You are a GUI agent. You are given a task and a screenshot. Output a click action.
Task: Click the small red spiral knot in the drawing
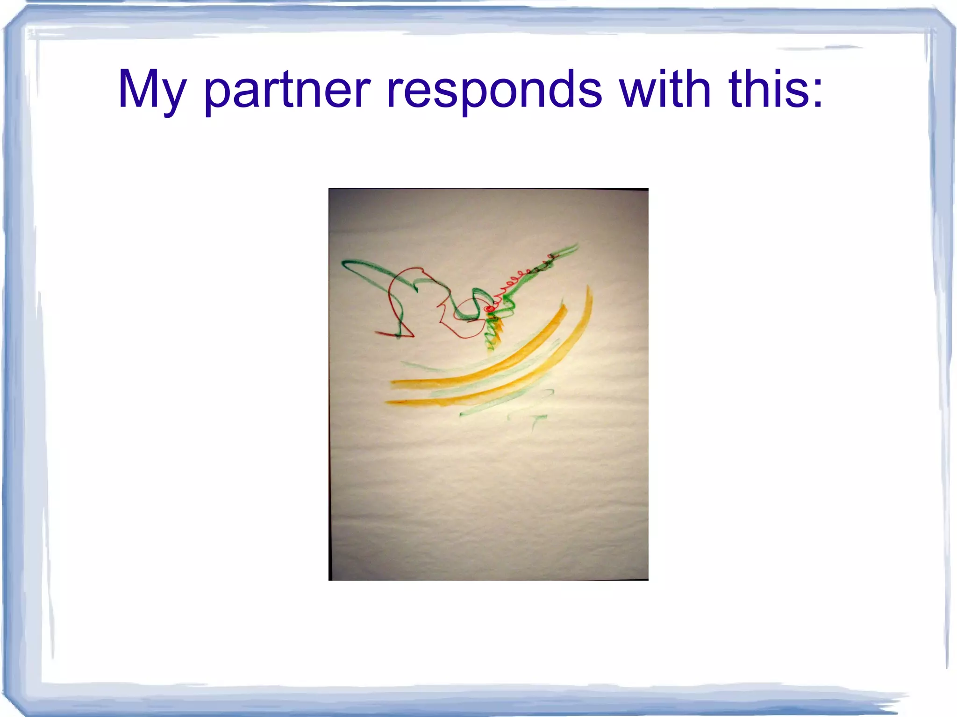pyautogui.click(x=489, y=309)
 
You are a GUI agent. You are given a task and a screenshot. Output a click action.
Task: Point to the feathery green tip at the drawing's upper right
pyautogui.click(x=568, y=250)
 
